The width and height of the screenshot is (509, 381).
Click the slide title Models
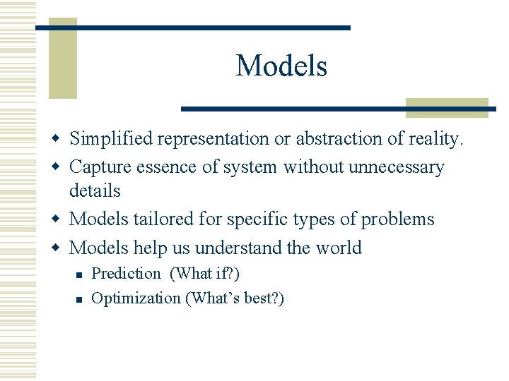pyautogui.click(x=281, y=66)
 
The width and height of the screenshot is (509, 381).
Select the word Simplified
pyautogui.click(x=112, y=139)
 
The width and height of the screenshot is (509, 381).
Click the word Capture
pyautogui.click(x=97, y=167)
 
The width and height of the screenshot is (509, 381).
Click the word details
pyautogui.click(x=95, y=190)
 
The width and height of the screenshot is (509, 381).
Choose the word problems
pyautogui.click(x=397, y=219)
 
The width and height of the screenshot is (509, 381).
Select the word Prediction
pyautogui.click(x=127, y=274)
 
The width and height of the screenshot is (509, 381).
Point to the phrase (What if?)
pyautogui.click(x=205, y=274)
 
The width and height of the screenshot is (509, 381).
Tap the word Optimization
pyautogui.click(x=136, y=298)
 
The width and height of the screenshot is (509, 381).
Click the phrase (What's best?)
pyautogui.click(x=235, y=298)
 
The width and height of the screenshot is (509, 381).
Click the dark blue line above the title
pyautogui.click(x=192, y=28)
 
